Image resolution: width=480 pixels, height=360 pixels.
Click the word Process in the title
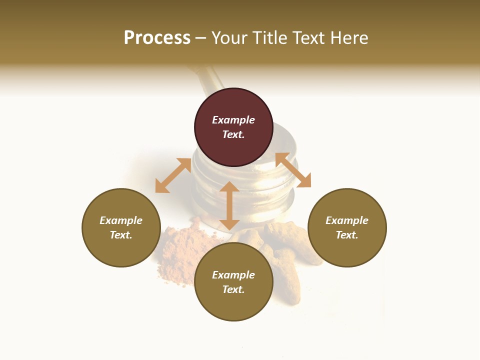click(x=157, y=38)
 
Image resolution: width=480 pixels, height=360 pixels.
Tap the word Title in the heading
click(x=270, y=38)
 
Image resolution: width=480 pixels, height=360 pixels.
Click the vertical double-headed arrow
click(x=229, y=205)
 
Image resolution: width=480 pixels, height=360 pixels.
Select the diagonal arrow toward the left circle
click(x=173, y=175)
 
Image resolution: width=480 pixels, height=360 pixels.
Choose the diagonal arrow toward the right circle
click(x=293, y=170)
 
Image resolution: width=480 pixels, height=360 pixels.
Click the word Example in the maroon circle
click(x=233, y=120)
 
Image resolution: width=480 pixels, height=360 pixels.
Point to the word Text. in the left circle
click(x=121, y=235)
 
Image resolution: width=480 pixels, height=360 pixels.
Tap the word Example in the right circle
click(x=347, y=220)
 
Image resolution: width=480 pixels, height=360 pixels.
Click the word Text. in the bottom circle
click(x=233, y=289)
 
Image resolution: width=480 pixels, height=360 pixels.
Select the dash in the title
click(x=201, y=38)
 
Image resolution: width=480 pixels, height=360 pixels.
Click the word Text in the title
click(x=310, y=38)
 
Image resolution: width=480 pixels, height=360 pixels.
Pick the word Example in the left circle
click(x=121, y=220)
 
